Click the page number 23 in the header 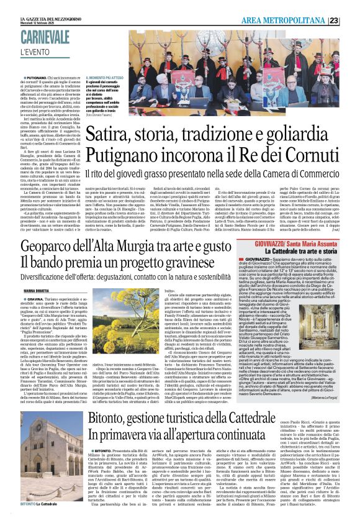(351, 20)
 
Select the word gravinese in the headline (202, 265)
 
